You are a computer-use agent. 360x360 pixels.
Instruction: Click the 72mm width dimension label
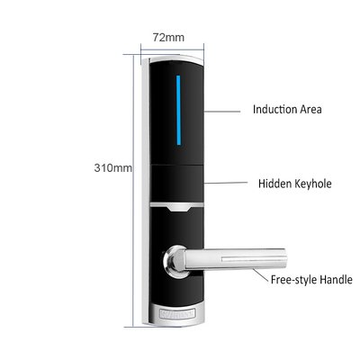[x=168, y=37]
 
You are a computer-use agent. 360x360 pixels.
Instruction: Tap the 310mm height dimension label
[x=113, y=167]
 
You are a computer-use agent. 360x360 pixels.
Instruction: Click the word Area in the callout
[x=310, y=110]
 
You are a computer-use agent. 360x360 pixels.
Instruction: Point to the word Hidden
[x=274, y=184]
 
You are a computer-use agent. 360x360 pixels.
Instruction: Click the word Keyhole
[x=313, y=184]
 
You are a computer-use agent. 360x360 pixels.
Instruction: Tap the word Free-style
[x=294, y=280]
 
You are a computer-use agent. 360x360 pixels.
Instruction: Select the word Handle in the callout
[x=336, y=280]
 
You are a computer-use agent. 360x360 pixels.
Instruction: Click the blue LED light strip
[x=178, y=111]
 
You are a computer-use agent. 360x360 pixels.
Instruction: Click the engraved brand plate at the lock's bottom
[x=177, y=312]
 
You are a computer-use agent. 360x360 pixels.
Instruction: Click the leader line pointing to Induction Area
[x=222, y=112]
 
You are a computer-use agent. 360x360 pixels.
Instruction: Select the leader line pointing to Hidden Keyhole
[x=226, y=183]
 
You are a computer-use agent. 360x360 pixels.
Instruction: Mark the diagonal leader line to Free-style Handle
[x=260, y=275]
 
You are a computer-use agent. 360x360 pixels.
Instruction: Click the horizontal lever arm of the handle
[x=234, y=258]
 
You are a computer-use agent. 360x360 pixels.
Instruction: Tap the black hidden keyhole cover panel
[x=177, y=184]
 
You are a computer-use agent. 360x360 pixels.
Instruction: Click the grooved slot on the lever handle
[x=252, y=259]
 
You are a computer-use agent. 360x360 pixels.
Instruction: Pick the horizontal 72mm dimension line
[x=172, y=49]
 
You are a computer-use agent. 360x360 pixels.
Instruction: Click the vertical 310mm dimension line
[x=132, y=191]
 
